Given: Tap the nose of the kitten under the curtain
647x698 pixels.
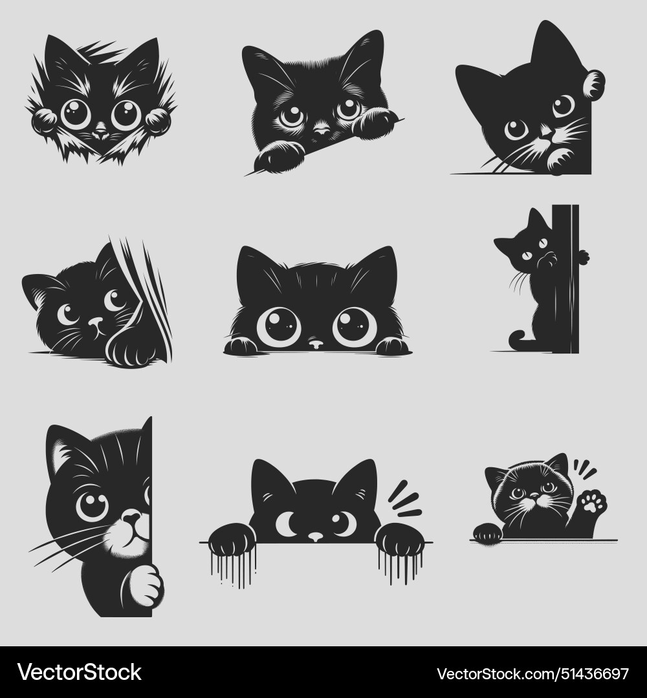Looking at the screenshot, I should coord(95,321).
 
